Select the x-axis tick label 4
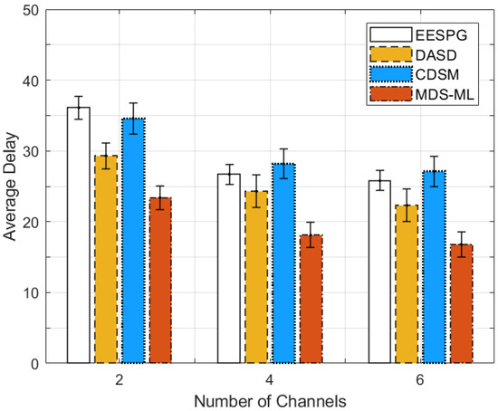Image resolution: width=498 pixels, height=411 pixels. tap(270, 378)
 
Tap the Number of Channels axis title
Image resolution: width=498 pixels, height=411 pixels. tap(270, 398)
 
